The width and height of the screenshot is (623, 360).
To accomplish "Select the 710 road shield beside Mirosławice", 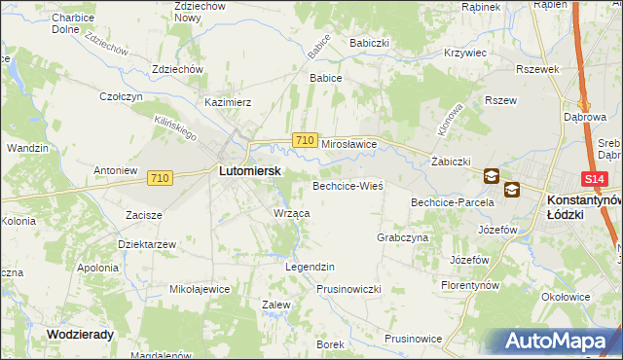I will pyautogui.click(x=304, y=141).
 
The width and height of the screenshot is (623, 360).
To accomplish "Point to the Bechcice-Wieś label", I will pyautogui.click(x=348, y=185).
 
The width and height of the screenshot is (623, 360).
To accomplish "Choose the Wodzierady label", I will pyautogui.click(x=80, y=333).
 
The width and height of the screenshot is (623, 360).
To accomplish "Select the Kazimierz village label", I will pyautogui.click(x=228, y=101).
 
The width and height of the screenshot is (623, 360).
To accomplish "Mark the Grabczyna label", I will pyautogui.click(x=403, y=236).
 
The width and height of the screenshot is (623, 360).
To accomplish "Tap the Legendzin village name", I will pyautogui.click(x=310, y=266).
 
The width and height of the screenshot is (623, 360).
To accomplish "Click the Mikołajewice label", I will pyautogui.click(x=200, y=289).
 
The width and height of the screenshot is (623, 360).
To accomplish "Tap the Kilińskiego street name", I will pyautogui.click(x=176, y=124).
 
